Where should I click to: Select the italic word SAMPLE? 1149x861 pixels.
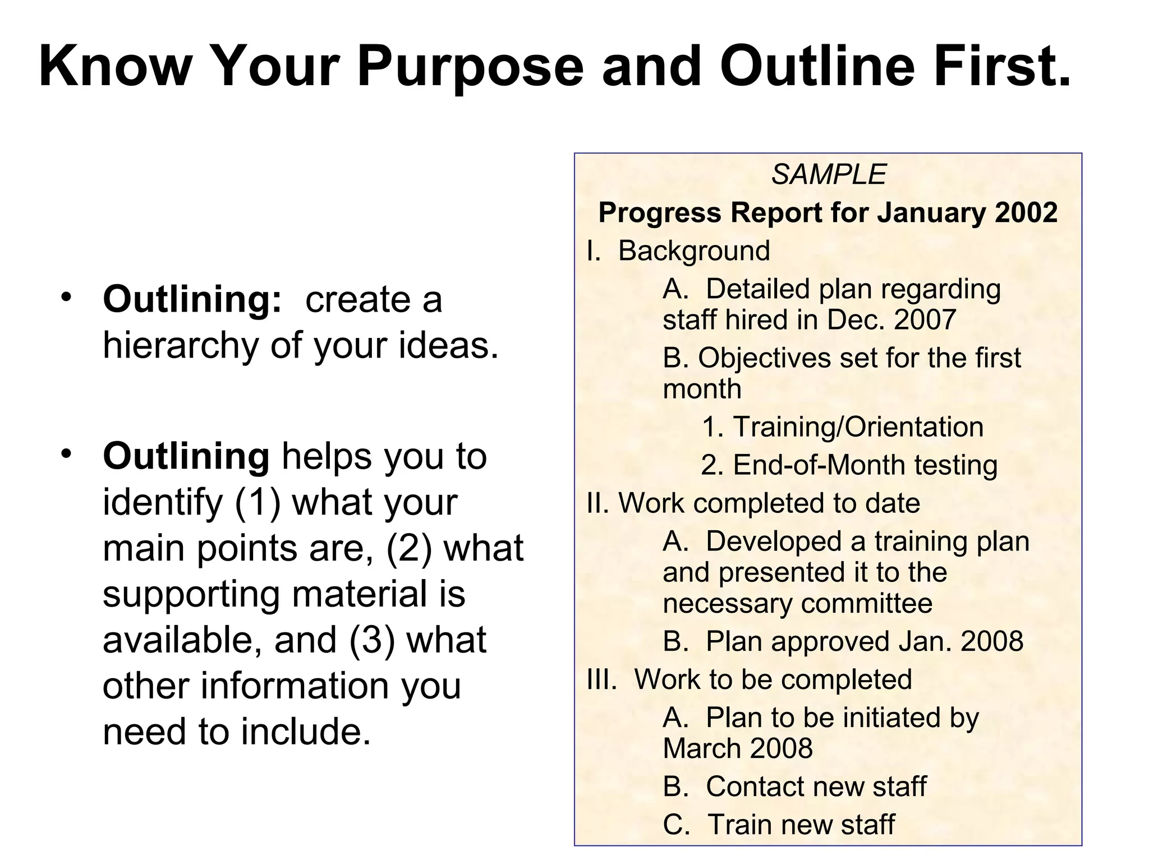(x=828, y=174)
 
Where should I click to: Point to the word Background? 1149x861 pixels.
(x=694, y=251)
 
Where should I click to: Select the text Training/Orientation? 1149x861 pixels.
(x=858, y=427)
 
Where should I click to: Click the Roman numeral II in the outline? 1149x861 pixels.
(x=596, y=503)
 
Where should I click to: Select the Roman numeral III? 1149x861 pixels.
(x=600, y=680)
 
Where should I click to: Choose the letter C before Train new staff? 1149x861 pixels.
(x=674, y=825)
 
